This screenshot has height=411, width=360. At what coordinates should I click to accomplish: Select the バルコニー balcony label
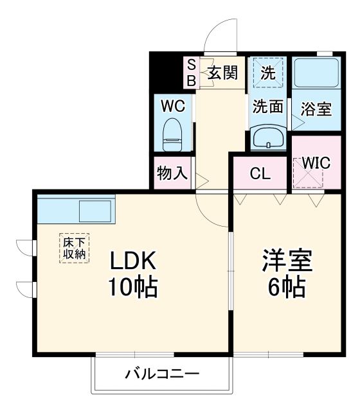click(162, 374)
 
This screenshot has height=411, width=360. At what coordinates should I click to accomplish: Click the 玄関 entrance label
click(221, 73)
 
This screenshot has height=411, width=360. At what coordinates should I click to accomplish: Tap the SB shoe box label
click(191, 72)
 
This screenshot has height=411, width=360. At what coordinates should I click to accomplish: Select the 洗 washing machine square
click(268, 73)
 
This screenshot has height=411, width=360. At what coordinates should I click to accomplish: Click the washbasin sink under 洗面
click(268, 137)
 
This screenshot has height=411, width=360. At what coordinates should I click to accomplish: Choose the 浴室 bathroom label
click(316, 109)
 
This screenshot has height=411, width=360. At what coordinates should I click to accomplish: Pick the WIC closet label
click(316, 163)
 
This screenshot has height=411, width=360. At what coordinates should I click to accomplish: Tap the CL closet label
click(260, 173)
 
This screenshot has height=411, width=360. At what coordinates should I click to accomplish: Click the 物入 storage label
click(172, 173)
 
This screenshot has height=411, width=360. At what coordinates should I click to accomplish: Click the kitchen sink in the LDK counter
click(95, 210)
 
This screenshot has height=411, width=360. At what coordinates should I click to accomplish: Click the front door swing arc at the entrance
click(221, 33)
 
